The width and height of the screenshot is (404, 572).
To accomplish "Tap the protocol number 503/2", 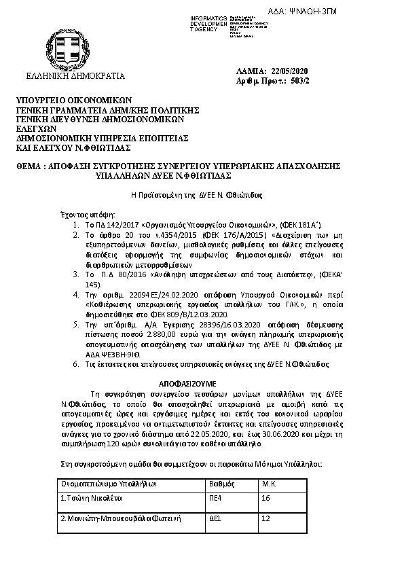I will point(299,81).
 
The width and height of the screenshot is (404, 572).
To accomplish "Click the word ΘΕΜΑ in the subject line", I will point(29,165).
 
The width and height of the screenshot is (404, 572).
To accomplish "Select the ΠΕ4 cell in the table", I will point(217,498).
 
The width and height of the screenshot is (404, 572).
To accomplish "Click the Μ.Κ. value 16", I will point(266,498).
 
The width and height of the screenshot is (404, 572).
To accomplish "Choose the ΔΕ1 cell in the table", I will point(216,518).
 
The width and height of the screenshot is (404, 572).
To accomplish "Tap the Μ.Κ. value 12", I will point(266,518).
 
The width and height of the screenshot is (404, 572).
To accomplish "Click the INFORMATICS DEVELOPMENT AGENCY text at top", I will point(210,23).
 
